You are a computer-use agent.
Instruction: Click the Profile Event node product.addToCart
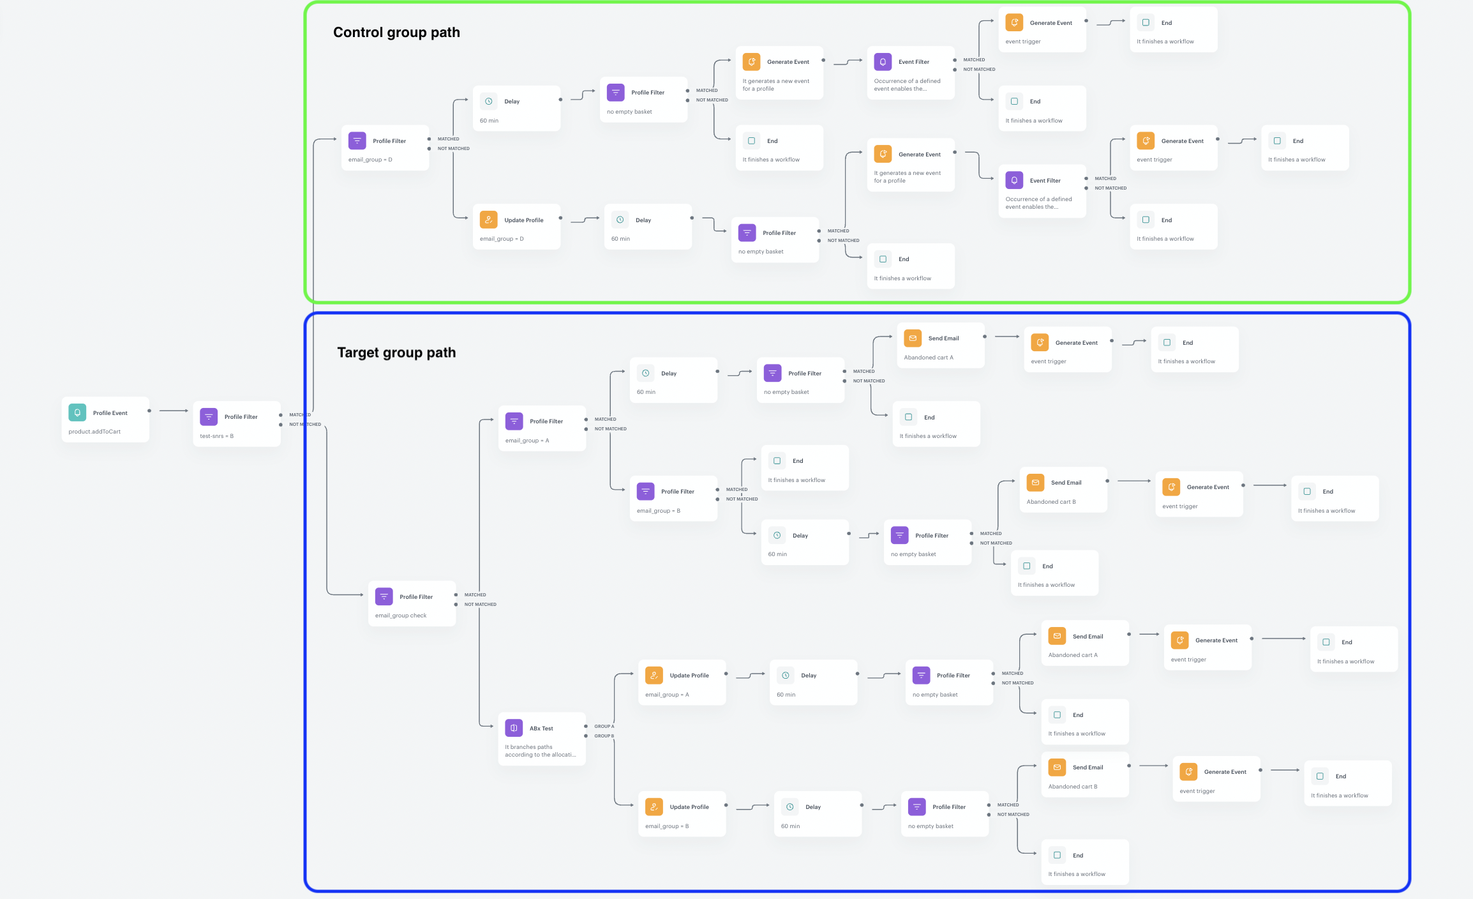pyautogui.click(x=105, y=419)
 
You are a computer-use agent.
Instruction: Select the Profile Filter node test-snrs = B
pyautogui.click(x=237, y=424)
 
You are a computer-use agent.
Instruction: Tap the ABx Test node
pyautogui.click(x=542, y=738)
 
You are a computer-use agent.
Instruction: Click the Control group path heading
pyautogui.click(x=396, y=33)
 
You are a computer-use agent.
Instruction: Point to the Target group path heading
pyautogui.click(x=396, y=352)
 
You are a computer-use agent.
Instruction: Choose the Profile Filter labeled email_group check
pyautogui.click(x=412, y=603)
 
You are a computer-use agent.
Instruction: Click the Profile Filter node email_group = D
pyautogui.click(x=385, y=147)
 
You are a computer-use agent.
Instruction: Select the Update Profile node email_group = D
pyautogui.click(x=516, y=227)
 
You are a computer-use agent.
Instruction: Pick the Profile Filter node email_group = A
pyautogui.click(x=542, y=428)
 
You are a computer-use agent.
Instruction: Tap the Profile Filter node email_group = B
pyautogui.click(x=673, y=499)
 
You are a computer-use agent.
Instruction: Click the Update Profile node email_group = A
pyautogui.click(x=682, y=683)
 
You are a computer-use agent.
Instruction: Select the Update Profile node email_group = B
pyautogui.click(x=682, y=814)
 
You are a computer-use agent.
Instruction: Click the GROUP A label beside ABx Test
pyautogui.click(x=604, y=727)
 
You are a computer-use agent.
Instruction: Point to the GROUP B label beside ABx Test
pyautogui.click(x=604, y=736)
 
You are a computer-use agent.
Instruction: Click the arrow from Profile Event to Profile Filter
pyautogui.click(x=174, y=411)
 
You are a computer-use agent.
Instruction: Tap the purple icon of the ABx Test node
pyautogui.click(x=514, y=728)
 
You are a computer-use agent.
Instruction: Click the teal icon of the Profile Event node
pyautogui.click(x=77, y=412)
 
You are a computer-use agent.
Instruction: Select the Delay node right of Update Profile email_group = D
pyautogui.click(x=648, y=227)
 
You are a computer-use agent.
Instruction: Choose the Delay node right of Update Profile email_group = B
pyautogui.click(x=818, y=814)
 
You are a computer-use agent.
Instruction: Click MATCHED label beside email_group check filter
pyautogui.click(x=475, y=595)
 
